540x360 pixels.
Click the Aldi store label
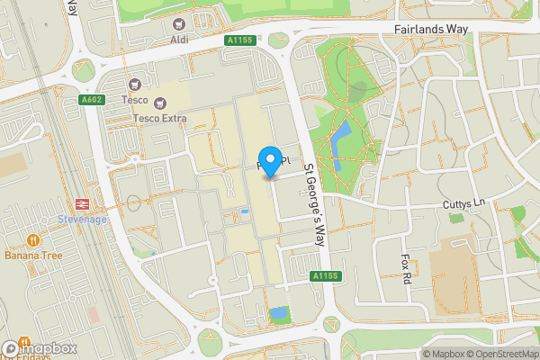(179, 40)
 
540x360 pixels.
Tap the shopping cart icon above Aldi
(179, 24)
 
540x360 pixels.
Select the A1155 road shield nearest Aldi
(239, 40)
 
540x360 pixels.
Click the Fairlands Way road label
(432, 30)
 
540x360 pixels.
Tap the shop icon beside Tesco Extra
(160, 103)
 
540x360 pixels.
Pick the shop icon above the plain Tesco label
(138, 83)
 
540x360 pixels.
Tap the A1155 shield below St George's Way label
(324, 275)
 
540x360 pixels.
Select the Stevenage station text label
(81, 219)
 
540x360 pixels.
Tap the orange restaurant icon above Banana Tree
(32, 240)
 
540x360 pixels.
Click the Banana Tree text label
(33, 255)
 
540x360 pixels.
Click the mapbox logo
(40, 348)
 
